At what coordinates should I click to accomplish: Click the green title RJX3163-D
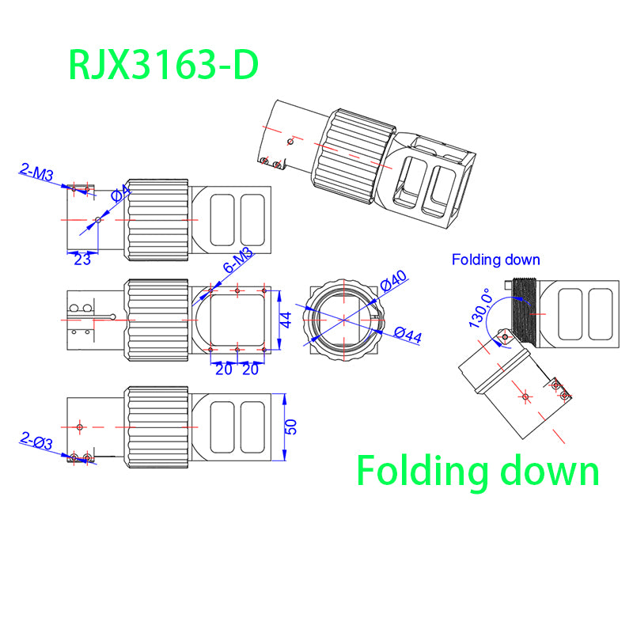pyautogui.click(x=164, y=65)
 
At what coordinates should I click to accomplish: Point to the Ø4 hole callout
pyautogui.click(x=122, y=194)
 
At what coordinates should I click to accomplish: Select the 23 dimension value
pyautogui.click(x=82, y=258)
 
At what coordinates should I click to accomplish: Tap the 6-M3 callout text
pyautogui.click(x=237, y=261)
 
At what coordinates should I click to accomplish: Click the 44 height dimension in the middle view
pyautogui.click(x=286, y=320)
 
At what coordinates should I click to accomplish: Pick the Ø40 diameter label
pyautogui.click(x=393, y=279)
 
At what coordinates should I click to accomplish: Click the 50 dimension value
pyautogui.click(x=290, y=426)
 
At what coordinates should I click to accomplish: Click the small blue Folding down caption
pyautogui.click(x=495, y=260)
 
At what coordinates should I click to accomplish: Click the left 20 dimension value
pyautogui.click(x=224, y=370)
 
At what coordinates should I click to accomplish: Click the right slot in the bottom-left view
pyautogui.click(x=252, y=426)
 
